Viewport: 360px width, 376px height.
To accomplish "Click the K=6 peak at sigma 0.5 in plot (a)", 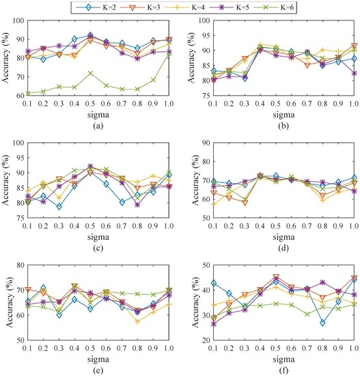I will click(x=90, y=72).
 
